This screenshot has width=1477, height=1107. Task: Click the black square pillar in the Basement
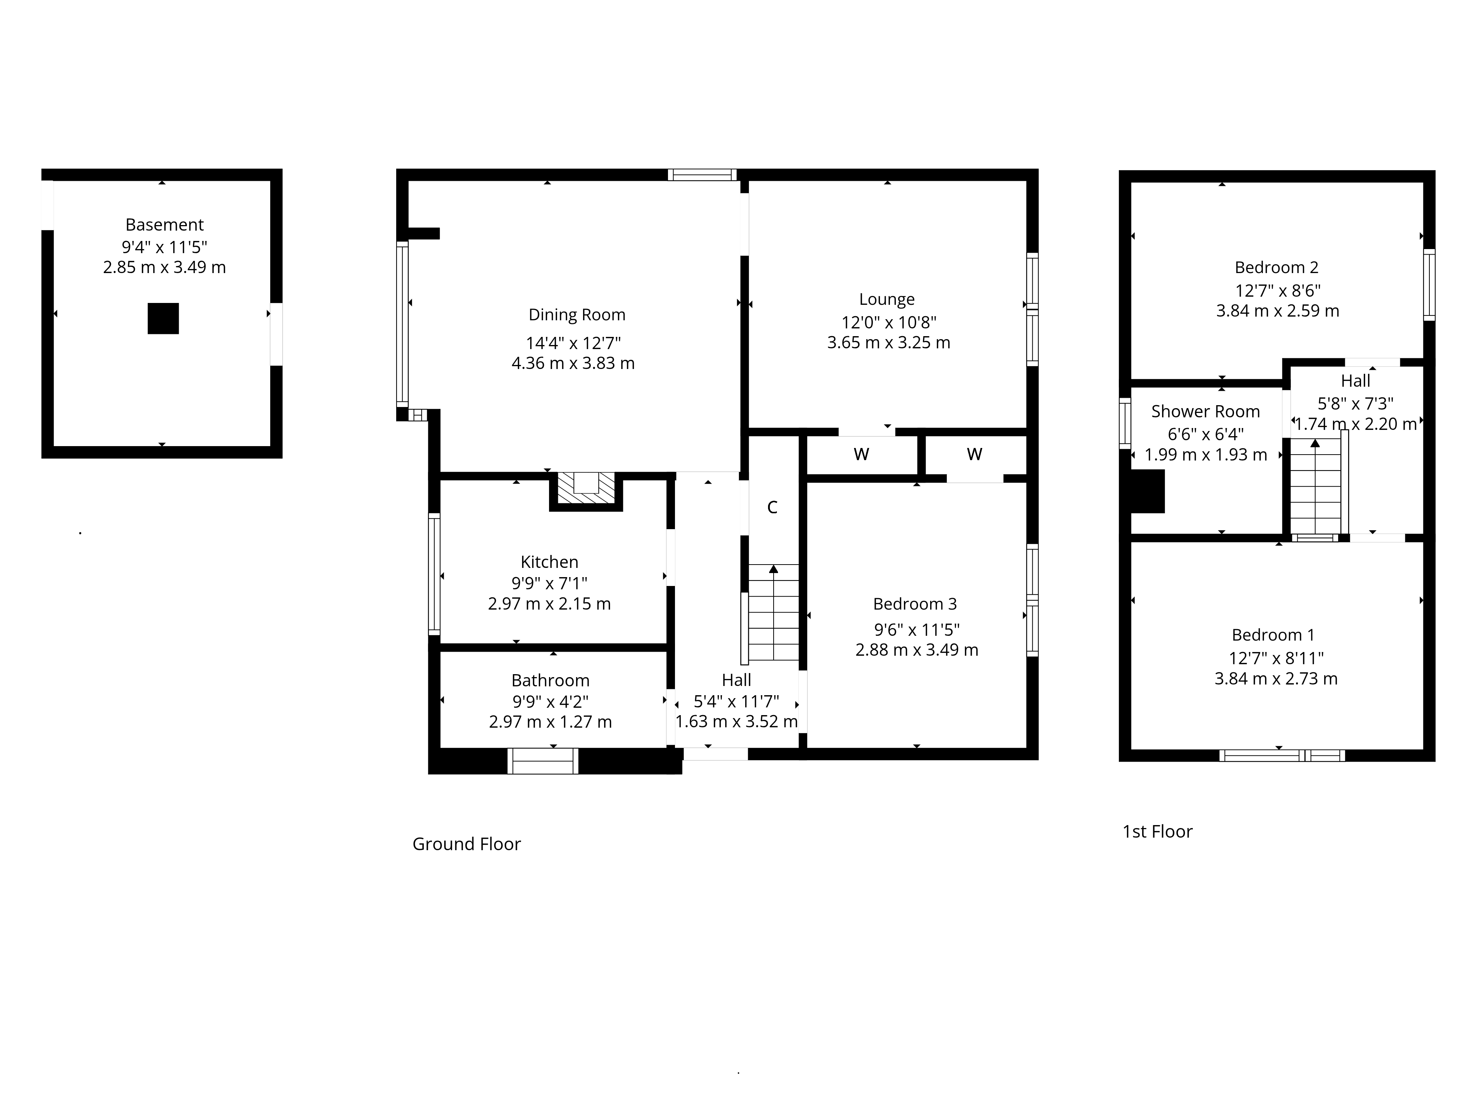click(163, 318)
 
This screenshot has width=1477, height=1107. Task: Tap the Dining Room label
click(577, 315)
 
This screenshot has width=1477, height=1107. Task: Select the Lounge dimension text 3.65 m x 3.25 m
click(888, 343)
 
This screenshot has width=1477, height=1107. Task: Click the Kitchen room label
click(549, 562)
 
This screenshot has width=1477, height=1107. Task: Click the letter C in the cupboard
click(772, 508)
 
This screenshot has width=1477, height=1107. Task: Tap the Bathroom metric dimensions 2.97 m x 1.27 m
click(550, 722)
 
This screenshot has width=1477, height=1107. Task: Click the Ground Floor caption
click(467, 844)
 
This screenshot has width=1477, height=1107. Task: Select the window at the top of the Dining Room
click(702, 175)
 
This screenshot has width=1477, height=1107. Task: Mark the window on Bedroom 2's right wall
click(1429, 285)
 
